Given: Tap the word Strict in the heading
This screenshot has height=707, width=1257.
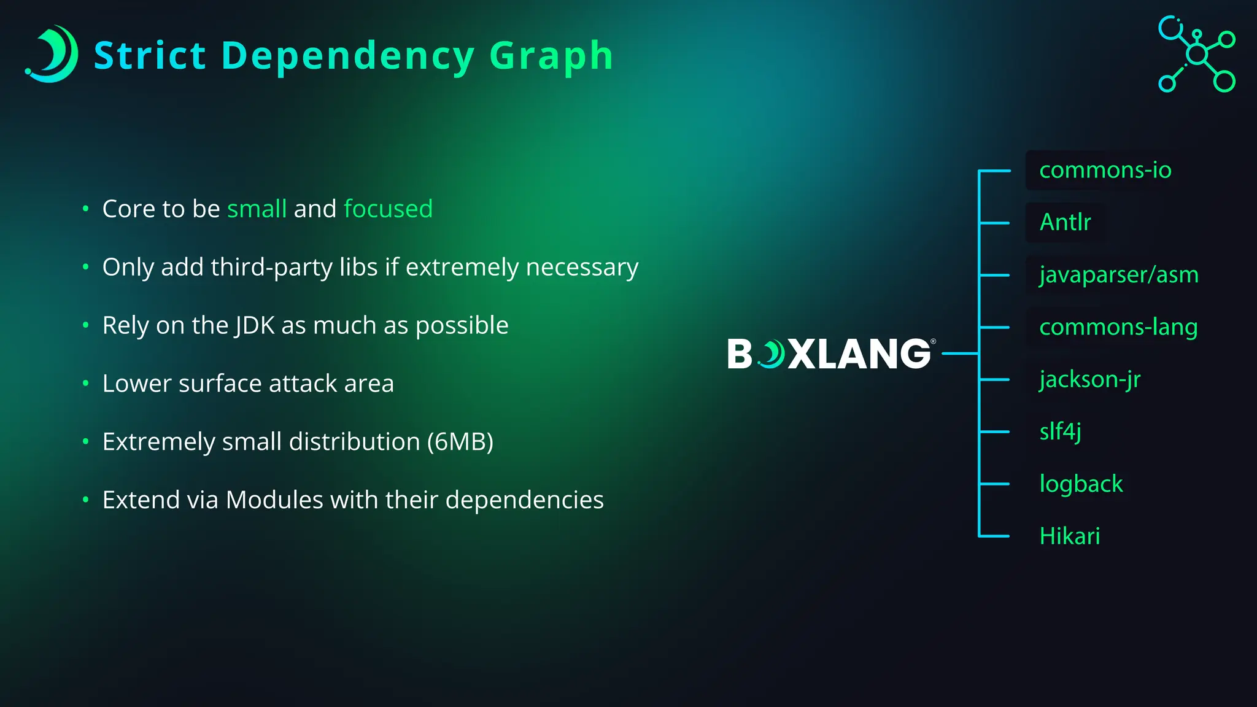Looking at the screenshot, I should (150, 56).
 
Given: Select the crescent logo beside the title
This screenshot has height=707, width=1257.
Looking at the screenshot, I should (53, 54).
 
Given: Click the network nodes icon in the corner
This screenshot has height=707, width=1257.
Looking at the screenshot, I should (1196, 54).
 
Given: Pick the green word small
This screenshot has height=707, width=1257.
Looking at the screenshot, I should (257, 209).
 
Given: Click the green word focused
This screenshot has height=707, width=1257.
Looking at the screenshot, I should (388, 209).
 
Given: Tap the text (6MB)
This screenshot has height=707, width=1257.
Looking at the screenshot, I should (460, 442).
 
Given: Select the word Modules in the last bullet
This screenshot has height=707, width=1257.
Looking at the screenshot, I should (274, 500).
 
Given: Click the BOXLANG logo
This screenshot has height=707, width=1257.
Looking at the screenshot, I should (830, 354).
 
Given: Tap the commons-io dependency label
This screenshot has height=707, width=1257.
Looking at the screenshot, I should (1105, 170).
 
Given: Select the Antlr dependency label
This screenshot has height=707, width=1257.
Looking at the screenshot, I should (1065, 222).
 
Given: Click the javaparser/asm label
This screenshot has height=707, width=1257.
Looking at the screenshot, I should (1118, 274).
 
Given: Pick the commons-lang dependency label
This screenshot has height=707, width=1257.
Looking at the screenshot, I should (1118, 327).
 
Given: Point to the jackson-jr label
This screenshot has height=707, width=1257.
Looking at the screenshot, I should (1089, 379).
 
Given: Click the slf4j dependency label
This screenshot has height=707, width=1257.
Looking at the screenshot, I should (1060, 431).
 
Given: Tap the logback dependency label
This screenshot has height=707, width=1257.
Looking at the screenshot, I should (1081, 484).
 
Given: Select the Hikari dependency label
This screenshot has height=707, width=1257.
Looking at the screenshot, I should (1069, 536).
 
